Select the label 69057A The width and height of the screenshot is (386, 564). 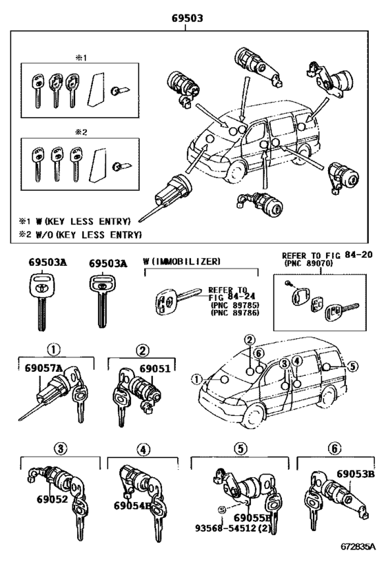tap(41, 368)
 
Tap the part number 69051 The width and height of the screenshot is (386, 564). tap(154, 368)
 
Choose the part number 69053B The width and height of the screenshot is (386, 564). tap(355, 474)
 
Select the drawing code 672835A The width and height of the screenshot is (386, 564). tap(358, 549)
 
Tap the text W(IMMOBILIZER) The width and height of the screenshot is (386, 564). tap(181, 262)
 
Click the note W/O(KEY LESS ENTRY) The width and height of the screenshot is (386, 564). tap(86, 235)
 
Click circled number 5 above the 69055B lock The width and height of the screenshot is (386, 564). tap(239, 449)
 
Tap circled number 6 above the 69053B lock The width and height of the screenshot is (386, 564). tap(334, 449)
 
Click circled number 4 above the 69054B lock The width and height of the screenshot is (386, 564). tap(143, 449)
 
